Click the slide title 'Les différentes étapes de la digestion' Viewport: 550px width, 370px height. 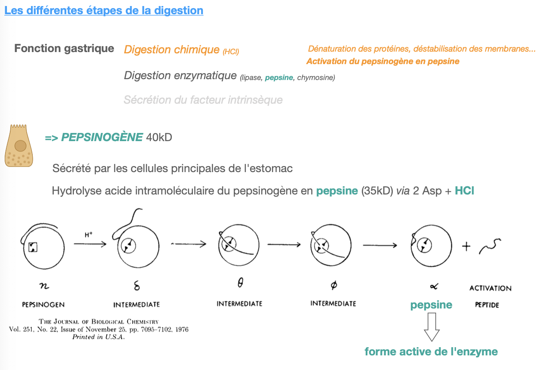coord(104,10)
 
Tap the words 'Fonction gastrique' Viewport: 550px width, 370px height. coord(64,48)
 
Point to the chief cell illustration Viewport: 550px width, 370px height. coord(18,146)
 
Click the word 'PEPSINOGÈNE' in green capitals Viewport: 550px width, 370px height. coord(102,137)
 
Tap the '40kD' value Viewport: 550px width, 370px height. coord(159,138)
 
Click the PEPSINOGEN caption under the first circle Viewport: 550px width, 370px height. coord(43,305)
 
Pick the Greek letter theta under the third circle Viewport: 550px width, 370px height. coord(240,284)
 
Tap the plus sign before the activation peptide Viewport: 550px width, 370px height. coord(466,247)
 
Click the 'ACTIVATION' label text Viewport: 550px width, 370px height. coord(490,288)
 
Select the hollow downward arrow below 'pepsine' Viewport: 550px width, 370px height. coord(431,327)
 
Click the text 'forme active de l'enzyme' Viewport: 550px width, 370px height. coord(431,351)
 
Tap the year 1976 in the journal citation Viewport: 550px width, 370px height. coord(180,330)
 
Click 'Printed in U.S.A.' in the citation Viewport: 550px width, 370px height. coord(98,337)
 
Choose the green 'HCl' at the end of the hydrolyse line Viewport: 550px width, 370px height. coord(464,191)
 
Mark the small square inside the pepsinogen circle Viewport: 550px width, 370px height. coord(33,247)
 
